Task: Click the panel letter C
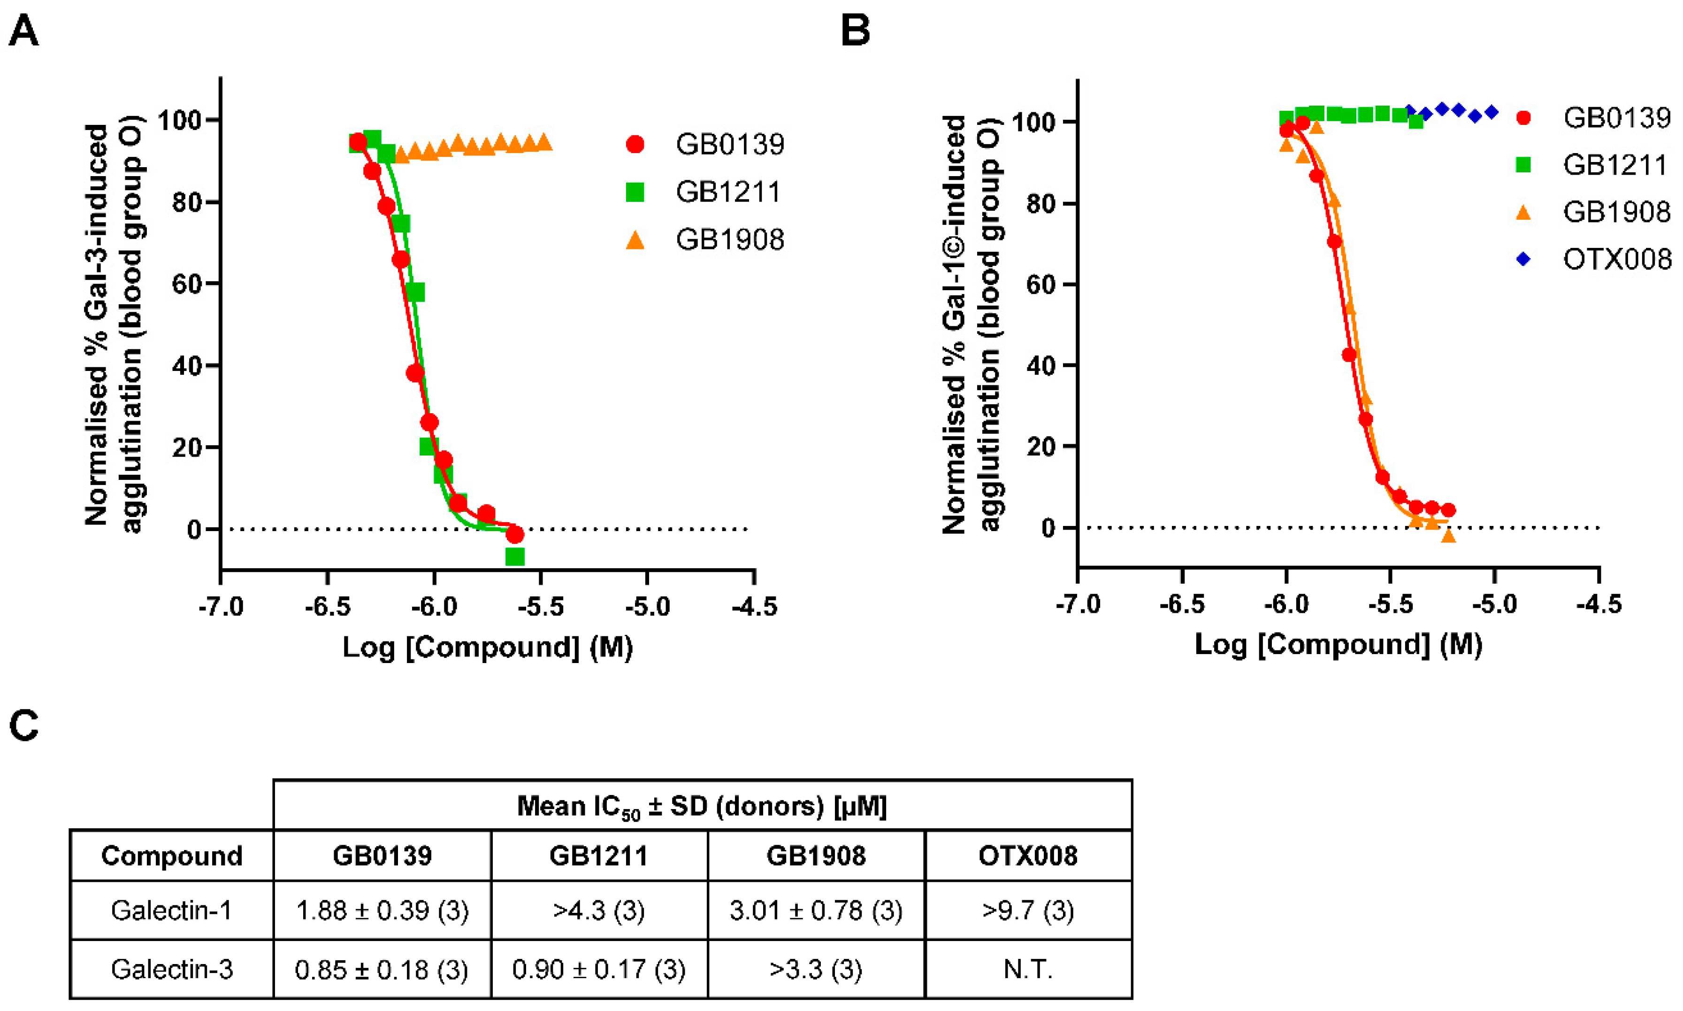click(x=24, y=725)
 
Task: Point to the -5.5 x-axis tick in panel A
click(x=541, y=606)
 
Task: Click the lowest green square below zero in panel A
click(x=515, y=556)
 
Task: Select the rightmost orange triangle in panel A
click(x=544, y=142)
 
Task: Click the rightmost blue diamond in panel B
click(x=1491, y=112)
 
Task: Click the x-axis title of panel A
click(x=488, y=647)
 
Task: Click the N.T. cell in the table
click(x=1028, y=969)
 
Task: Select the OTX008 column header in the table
click(x=1028, y=856)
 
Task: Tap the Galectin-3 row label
click(x=172, y=969)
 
